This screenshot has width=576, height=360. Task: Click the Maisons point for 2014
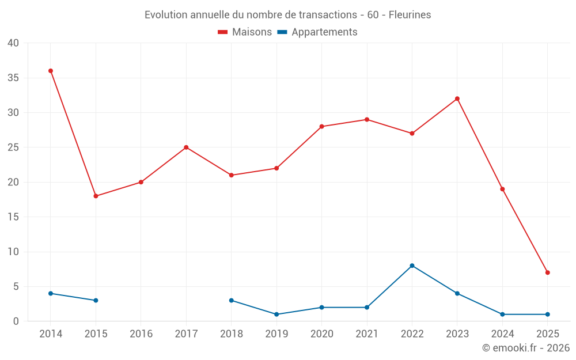(x=51, y=71)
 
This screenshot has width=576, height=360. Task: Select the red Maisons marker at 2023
(x=457, y=98)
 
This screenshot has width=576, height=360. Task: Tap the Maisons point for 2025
(x=547, y=272)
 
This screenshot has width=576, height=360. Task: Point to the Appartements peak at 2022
(x=412, y=266)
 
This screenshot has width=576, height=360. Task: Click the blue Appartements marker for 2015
(x=96, y=300)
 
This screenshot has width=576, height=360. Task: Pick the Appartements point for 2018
(x=232, y=300)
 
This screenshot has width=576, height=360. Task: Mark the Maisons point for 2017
(x=186, y=147)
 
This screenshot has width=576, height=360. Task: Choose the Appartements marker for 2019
(x=276, y=314)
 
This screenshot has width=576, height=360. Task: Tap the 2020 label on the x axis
(x=321, y=334)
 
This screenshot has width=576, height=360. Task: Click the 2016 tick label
(x=141, y=334)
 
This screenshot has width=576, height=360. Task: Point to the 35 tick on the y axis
(x=13, y=78)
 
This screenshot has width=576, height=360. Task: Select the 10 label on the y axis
(x=13, y=252)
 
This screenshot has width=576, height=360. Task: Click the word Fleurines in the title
(x=410, y=15)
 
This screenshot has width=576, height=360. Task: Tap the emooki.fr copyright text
(x=525, y=348)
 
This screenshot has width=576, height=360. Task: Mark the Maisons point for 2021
(x=367, y=119)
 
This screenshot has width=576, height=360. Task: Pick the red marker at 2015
(x=96, y=196)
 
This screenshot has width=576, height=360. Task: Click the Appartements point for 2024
(x=502, y=314)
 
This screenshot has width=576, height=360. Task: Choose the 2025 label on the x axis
(x=547, y=334)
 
